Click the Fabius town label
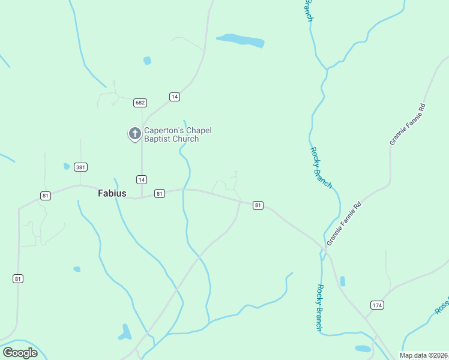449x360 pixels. (112, 193)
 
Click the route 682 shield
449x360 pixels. (140, 103)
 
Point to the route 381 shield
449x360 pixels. (80, 167)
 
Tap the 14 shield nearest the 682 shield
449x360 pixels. (174, 97)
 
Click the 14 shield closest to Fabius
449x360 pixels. (142, 179)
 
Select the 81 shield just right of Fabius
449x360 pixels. (159, 193)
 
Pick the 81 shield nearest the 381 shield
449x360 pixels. (46, 196)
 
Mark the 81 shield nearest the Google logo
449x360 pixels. (18, 278)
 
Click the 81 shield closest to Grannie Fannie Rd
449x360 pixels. (258, 205)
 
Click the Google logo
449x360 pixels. (20, 352)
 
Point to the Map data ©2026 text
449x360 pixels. (424, 355)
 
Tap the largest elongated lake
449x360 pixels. (241, 40)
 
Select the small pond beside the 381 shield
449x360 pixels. (66, 166)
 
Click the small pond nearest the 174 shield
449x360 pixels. (343, 281)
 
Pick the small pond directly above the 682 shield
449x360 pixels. (147, 61)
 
